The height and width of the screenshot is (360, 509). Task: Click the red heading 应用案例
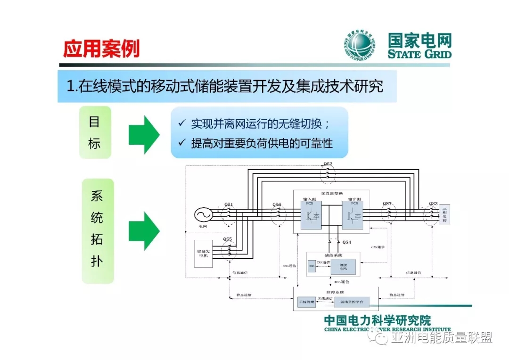[101, 49]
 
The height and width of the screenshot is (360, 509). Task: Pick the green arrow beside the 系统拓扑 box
[144, 231]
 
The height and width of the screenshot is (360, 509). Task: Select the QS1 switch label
[229, 204]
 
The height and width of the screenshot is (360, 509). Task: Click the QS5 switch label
[228, 239]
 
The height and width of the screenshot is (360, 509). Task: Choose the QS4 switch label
[347, 242]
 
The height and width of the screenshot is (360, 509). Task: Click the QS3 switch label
[433, 204]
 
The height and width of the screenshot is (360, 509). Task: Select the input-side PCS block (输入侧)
[310, 216]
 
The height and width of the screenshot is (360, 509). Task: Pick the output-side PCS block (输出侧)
[355, 216]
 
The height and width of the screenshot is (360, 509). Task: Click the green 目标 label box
[95, 132]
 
